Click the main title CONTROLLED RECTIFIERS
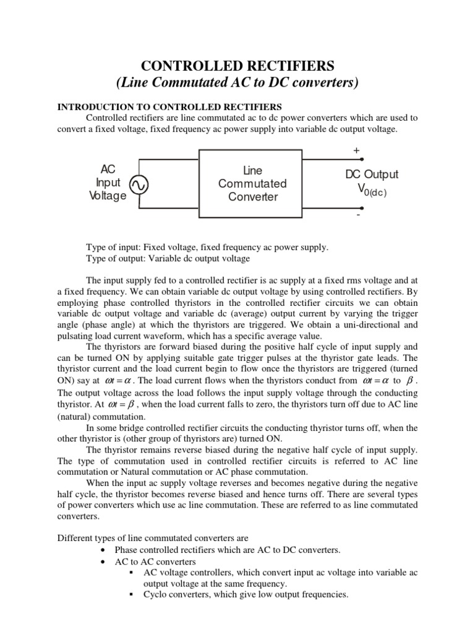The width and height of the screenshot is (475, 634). tap(238, 65)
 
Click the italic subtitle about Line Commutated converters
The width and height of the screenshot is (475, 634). tap(238, 83)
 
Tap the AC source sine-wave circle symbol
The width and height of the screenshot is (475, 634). tap(137, 185)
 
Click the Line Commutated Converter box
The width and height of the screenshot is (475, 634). tap(252, 184)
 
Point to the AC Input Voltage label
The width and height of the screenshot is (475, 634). tap(108, 183)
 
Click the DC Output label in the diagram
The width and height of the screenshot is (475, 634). tap(372, 175)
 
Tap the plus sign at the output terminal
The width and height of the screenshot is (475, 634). tap(356, 150)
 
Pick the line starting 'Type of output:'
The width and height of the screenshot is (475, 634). tap(168, 258)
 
